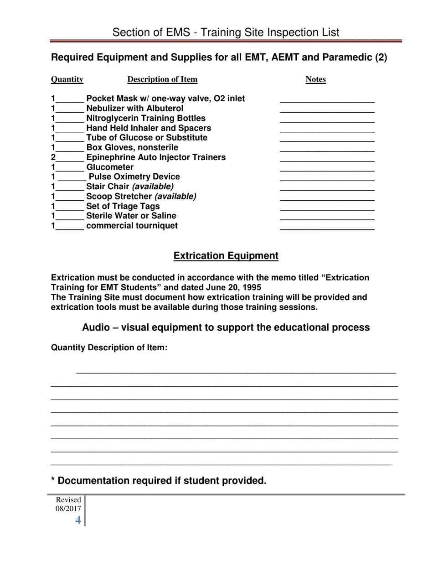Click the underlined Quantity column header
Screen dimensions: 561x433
coord(67,79)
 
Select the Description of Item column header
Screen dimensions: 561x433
coord(162,79)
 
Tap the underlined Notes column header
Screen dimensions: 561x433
coord(315,79)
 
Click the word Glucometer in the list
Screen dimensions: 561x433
coord(110,167)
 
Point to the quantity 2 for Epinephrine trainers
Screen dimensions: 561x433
coord(53,157)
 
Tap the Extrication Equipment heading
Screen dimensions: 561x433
coord(226,256)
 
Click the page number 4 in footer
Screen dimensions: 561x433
coord(78,520)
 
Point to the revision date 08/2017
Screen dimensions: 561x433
coord(68,509)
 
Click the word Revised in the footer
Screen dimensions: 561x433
coord(68,500)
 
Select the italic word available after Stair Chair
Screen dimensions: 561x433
coord(153,187)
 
